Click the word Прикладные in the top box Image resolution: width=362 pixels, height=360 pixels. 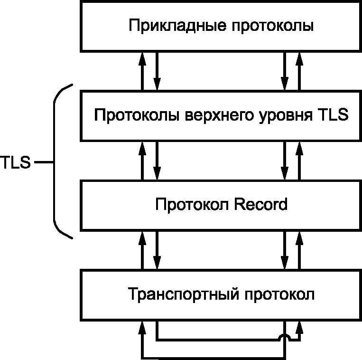(x=177, y=26)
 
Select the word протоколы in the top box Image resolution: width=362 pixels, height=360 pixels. (x=273, y=27)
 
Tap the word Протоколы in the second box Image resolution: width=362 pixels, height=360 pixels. (x=137, y=115)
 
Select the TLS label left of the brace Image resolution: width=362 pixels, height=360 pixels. (x=15, y=162)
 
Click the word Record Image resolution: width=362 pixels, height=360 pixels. (x=260, y=204)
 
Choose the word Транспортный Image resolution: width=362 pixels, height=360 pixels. (x=183, y=294)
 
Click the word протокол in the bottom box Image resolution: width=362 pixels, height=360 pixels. (x=279, y=295)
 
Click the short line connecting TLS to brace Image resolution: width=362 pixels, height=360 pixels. (x=44, y=162)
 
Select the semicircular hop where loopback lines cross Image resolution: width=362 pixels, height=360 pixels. (x=285, y=337)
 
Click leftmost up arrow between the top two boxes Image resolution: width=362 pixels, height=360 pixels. (x=142, y=71)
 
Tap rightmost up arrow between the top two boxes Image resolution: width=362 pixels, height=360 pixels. (x=299, y=71)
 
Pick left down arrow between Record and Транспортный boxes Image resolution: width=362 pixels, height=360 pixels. (x=157, y=250)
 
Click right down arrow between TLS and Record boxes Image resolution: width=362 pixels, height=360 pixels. (x=285, y=161)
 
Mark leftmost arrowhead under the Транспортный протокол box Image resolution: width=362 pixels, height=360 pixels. (x=142, y=328)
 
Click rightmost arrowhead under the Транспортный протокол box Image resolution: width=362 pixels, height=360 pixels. (x=299, y=328)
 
